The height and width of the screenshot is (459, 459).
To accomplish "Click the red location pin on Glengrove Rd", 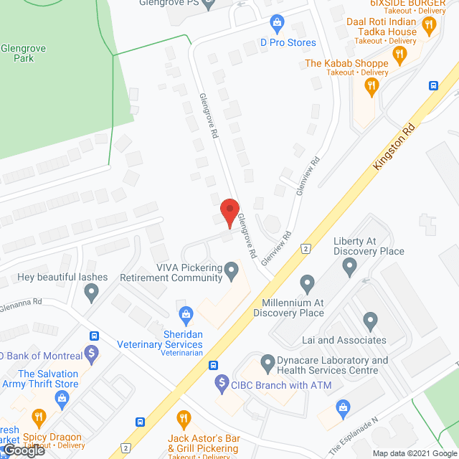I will point(229,213).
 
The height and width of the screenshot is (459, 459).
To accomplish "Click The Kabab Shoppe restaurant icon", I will point(371,87).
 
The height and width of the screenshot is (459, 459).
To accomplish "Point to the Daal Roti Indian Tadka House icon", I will point(429,27).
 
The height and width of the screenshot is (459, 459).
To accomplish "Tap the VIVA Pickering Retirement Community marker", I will point(231,271).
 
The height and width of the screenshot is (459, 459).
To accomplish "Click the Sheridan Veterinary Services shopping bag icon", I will point(186,314).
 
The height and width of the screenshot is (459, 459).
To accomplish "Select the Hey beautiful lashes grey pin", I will point(91,292).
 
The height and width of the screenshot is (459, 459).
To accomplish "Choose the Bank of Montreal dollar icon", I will point(91,353).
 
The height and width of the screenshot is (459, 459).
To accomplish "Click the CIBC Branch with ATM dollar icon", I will point(222,384).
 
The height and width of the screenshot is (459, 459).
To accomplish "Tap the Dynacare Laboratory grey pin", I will point(268,361).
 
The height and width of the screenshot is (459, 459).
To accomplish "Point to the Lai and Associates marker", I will point(370,320).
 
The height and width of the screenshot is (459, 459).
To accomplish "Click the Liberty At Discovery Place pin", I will point(349,268).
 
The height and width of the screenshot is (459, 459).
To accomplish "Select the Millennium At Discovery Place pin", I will point(307,282).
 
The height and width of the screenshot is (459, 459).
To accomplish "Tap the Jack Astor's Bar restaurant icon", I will point(183,417).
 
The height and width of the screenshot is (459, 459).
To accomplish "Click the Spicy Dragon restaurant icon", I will point(39,417).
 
